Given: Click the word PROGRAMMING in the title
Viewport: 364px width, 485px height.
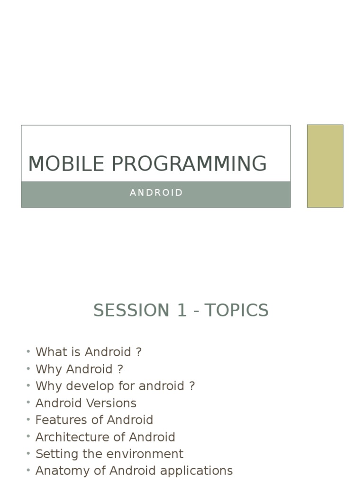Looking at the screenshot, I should coord(189,164).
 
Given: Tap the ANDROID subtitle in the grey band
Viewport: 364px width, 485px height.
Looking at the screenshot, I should coord(156,193).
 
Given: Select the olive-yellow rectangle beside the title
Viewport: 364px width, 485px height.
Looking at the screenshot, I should coord(325,166).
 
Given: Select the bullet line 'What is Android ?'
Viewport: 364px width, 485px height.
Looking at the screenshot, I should coord(89,352).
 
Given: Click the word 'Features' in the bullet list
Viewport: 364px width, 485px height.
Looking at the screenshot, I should coord(57,420).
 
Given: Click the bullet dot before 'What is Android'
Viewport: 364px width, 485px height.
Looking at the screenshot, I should coord(28,351).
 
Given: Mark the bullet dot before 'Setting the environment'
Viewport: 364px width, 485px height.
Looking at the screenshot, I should coord(28,453).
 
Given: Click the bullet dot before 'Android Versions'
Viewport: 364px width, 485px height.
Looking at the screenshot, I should coord(28,403).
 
